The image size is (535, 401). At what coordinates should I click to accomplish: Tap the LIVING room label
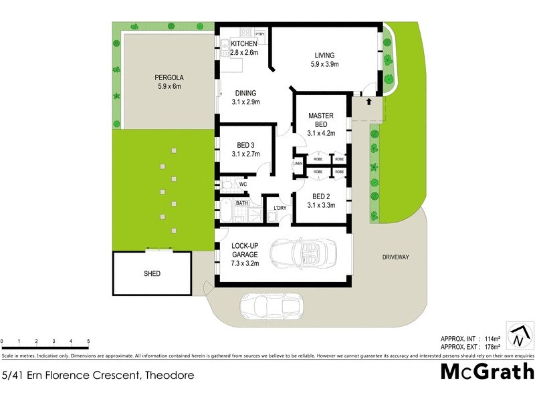[x=324, y=55]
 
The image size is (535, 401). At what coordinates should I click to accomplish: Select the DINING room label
[x=245, y=94]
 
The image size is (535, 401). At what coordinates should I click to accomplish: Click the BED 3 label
[x=245, y=146]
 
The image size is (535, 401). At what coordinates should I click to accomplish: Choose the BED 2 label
[x=320, y=196]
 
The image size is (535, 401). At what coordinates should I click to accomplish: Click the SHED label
[x=152, y=273]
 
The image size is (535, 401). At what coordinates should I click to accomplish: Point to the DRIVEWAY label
[x=395, y=257]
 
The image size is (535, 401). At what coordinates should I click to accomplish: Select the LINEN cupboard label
[x=298, y=164]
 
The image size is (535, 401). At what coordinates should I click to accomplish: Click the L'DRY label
[x=280, y=207]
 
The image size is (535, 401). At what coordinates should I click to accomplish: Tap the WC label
[x=243, y=183]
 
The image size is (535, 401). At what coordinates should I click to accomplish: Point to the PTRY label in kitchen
[x=259, y=33]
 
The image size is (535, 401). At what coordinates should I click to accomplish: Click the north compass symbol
[x=520, y=335]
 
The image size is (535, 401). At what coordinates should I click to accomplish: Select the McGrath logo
[x=486, y=373]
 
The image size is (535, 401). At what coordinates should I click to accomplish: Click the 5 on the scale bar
[x=88, y=342]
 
